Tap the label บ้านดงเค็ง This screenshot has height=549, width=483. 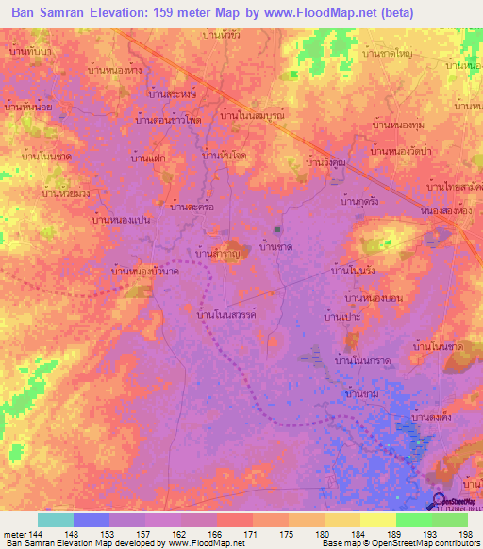click(433, 416)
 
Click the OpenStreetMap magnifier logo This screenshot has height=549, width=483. click(439, 500)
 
